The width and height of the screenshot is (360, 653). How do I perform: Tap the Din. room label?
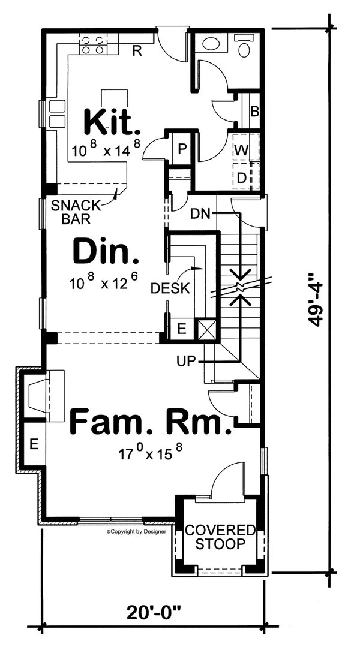tap(106, 252)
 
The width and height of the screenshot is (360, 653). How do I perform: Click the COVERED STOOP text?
tap(220, 537)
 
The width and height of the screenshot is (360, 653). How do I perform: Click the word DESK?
tap(170, 288)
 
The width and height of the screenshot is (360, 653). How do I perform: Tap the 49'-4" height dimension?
tap(317, 300)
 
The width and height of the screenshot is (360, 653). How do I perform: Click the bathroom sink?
tap(211, 43)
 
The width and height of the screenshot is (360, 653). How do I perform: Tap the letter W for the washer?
tap(241, 150)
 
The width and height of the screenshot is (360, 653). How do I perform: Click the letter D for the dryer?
tap(241, 178)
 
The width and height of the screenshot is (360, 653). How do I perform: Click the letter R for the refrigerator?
tap(137, 51)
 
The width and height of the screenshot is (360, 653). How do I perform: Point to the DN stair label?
tap(201, 213)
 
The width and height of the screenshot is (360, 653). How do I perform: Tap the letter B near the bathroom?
tap(254, 111)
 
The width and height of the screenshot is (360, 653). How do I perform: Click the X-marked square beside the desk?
tap(206, 329)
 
